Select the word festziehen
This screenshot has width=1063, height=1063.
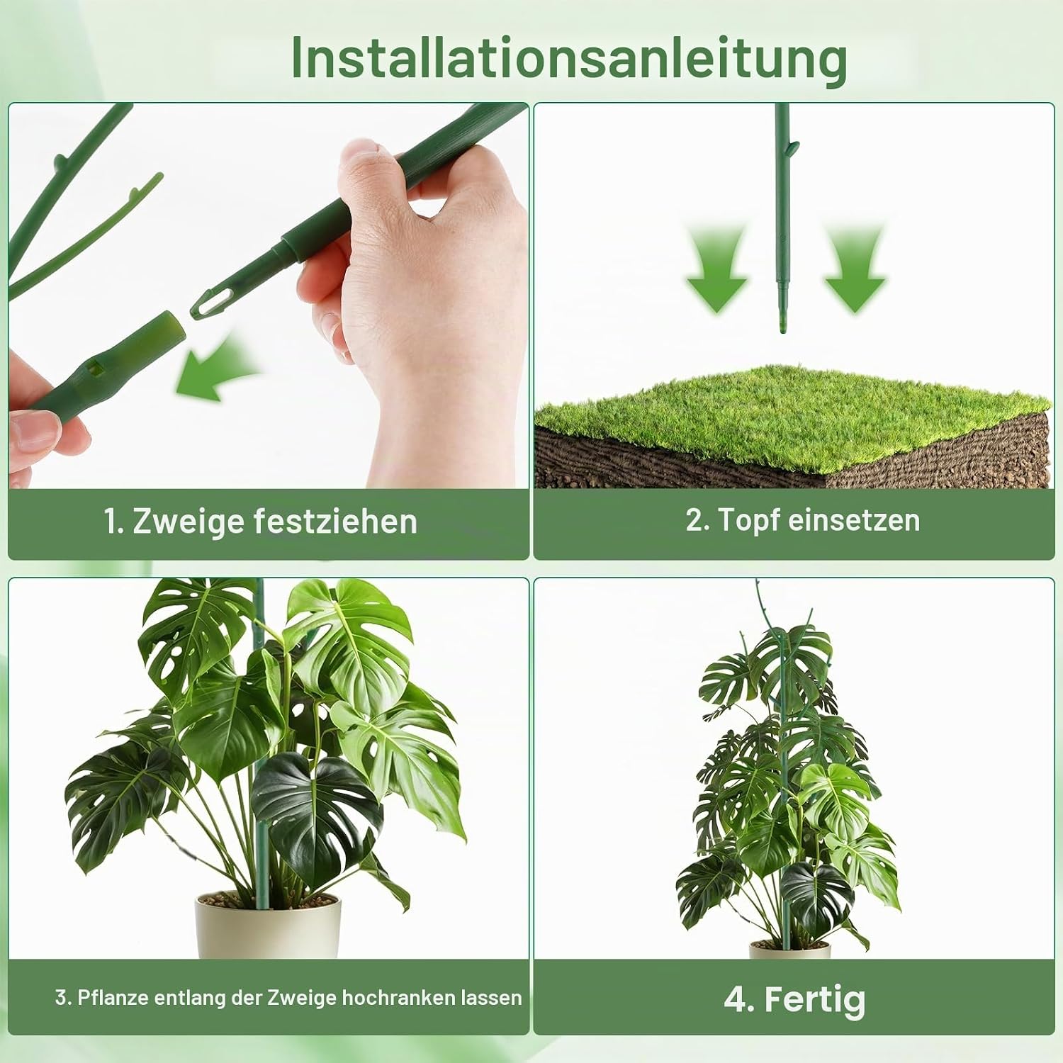(x=335, y=522)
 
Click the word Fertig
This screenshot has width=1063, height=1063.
(x=815, y=1001)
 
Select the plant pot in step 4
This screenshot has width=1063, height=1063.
(x=789, y=949)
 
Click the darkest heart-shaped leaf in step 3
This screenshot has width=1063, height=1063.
(x=315, y=808)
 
